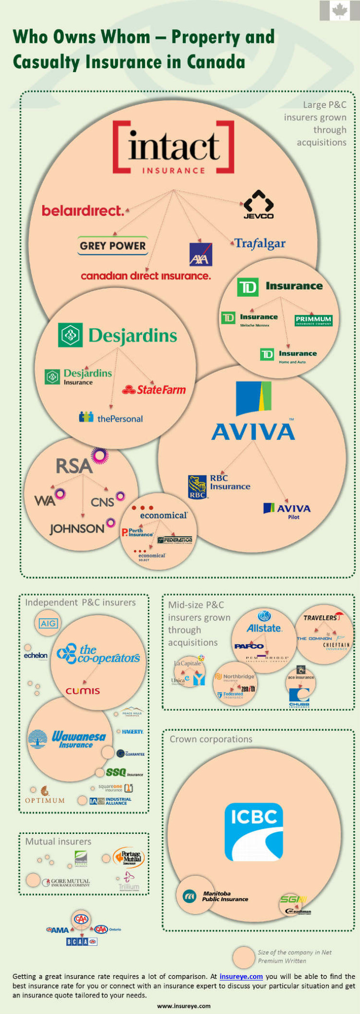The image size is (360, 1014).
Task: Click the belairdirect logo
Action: point(83,211)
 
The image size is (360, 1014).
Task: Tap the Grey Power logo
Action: point(112,246)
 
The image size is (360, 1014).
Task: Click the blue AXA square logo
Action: point(200,254)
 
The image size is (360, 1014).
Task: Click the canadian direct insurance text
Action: point(145,276)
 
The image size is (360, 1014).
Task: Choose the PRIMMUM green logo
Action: point(313,320)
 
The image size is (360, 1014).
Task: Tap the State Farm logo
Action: point(154,390)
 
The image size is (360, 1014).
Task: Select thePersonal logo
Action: point(111,418)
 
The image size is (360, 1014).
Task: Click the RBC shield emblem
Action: point(197,487)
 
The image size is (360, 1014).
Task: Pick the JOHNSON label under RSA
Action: point(77,529)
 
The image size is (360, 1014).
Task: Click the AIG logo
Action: point(48,623)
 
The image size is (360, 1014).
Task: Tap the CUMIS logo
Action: point(83,691)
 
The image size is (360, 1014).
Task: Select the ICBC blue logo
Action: point(253,831)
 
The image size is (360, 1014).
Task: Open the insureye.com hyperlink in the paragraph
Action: point(241,976)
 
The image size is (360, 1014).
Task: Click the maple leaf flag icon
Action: point(340,10)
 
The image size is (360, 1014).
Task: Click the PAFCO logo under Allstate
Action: point(249,646)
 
